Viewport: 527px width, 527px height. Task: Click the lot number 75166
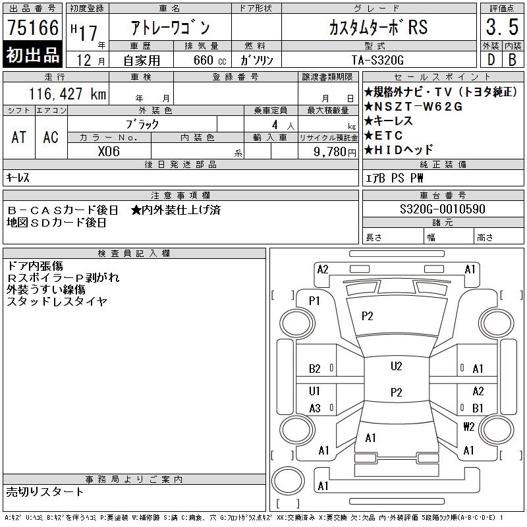pyautogui.click(x=33, y=28)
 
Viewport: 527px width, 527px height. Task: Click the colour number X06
pyautogui.click(x=109, y=150)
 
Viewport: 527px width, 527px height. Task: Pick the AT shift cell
pyautogui.click(x=19, y=137)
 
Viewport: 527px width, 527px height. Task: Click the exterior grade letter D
pyautogui.click(x=490, y=59)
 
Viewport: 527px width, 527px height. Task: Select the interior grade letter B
pyautogui.click(x=511, y=59)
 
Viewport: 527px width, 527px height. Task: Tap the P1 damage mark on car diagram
pyautogui.click(x=314, y=300)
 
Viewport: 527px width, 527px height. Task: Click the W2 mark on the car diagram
pyautogui.click(x=468, y=426)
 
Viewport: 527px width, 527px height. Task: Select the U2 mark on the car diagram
pyautogui.click(x=395, y=366)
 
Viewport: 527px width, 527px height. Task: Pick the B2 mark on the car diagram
pyautogui.click(x=315, y=369)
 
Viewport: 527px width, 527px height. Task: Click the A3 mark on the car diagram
pyautogui.click(x=315, y=408)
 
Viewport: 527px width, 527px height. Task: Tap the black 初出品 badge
pyautogui.click(x=33, y=55)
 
